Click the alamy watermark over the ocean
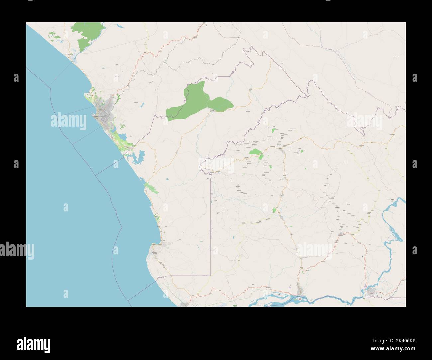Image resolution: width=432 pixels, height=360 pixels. pyautogui.click(x=68, y=122)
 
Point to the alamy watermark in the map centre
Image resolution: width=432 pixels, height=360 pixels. pyautogui.click(x=216, y=164)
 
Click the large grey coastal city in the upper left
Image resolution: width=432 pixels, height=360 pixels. pyautogui.click(x=103, y=115)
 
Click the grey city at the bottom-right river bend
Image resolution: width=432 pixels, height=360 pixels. pyautogui.click(x=370, y=292)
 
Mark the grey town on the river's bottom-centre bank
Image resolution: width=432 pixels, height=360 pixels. pyautogui.click(x=302, y=291)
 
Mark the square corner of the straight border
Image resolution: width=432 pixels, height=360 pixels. pyautogui.click(x=210, y=275)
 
